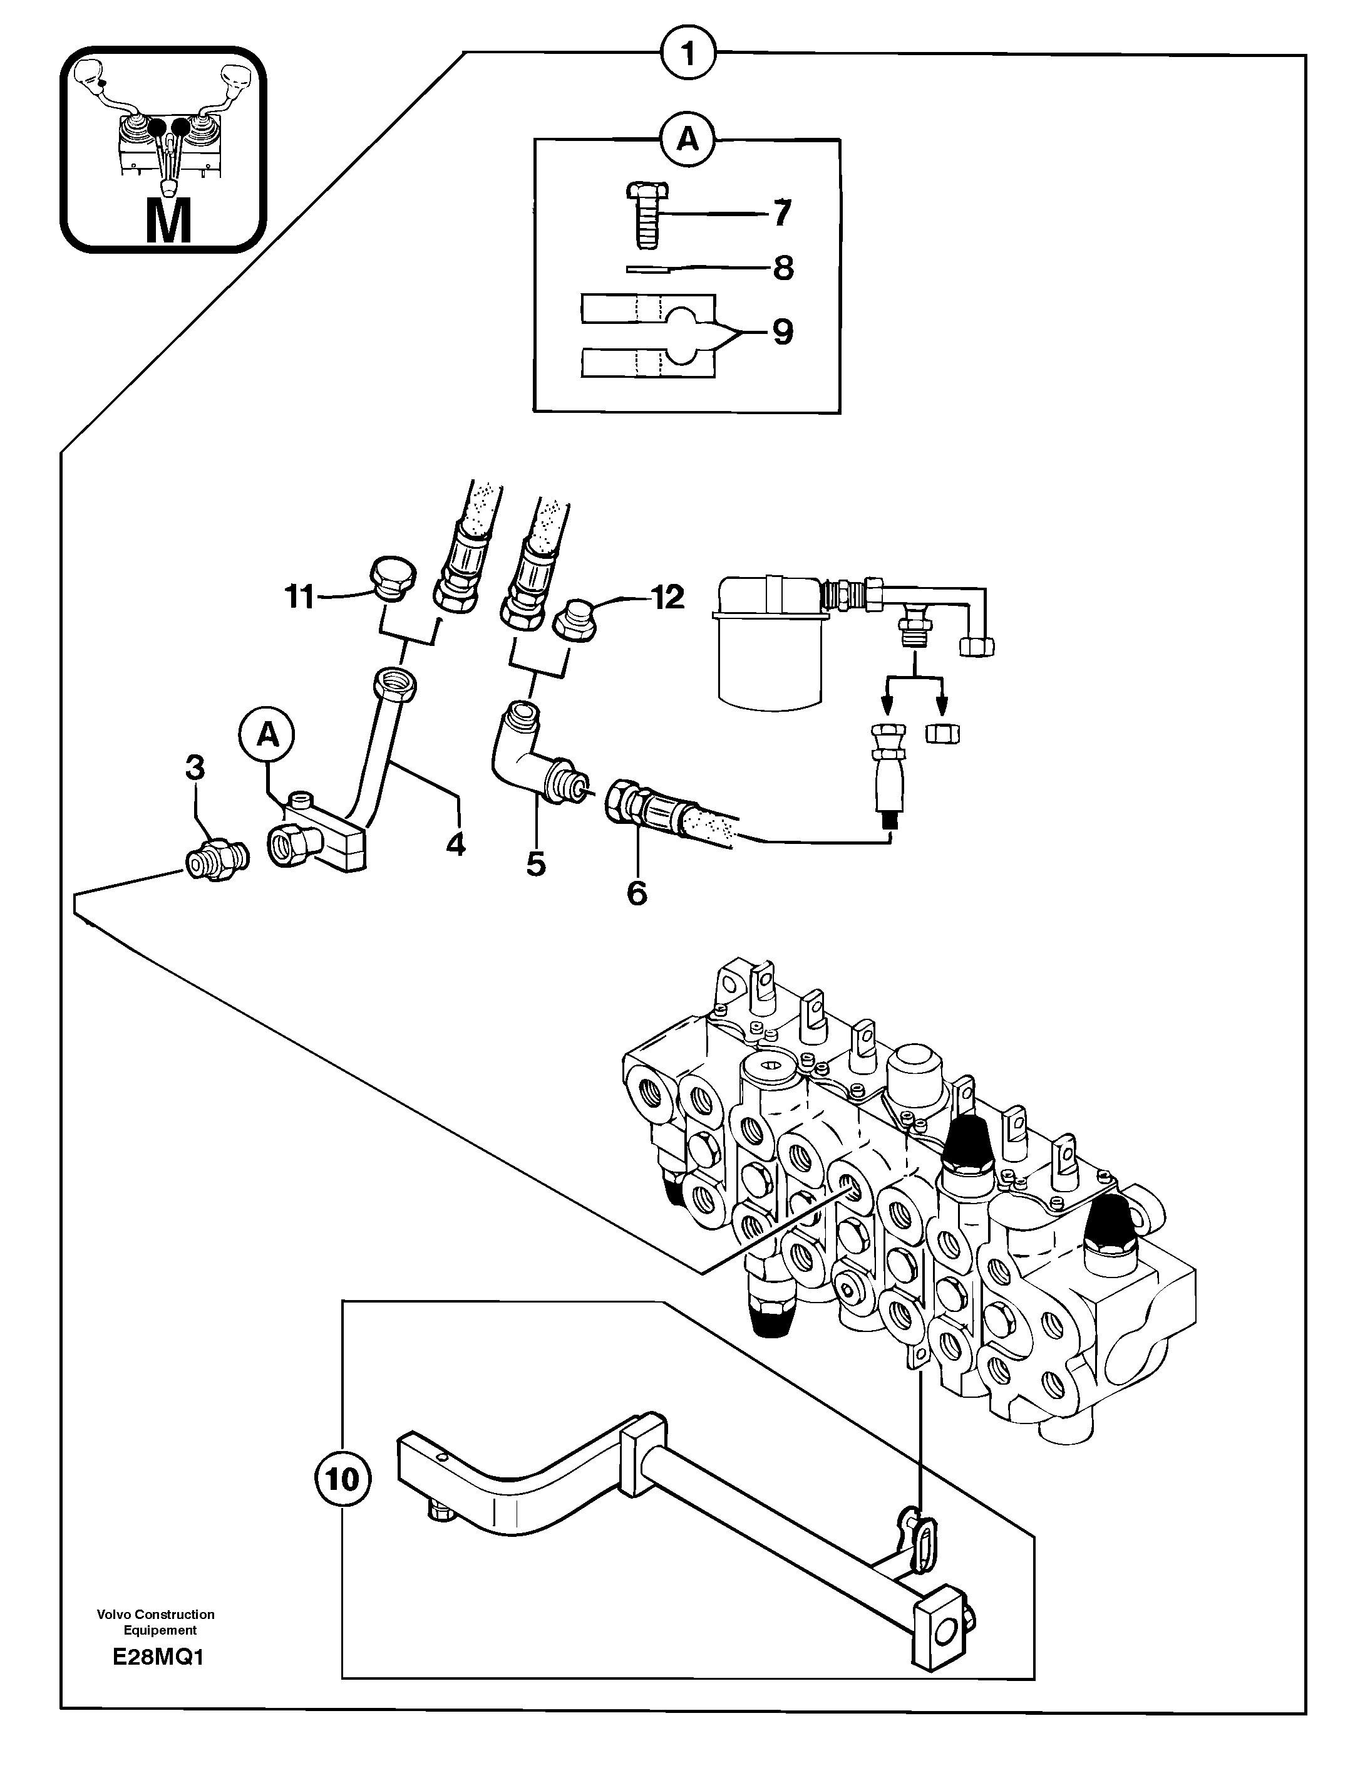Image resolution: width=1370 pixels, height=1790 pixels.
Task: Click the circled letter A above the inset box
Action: coord(688,141)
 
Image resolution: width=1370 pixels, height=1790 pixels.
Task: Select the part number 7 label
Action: coord(781,214)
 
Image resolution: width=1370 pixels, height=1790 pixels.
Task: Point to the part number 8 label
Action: coord(783,268)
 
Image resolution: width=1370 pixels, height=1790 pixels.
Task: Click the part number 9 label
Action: coord(782,332)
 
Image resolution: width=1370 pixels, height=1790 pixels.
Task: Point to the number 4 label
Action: coord(456,845)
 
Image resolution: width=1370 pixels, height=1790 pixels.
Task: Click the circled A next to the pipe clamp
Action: coord(267,736)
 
